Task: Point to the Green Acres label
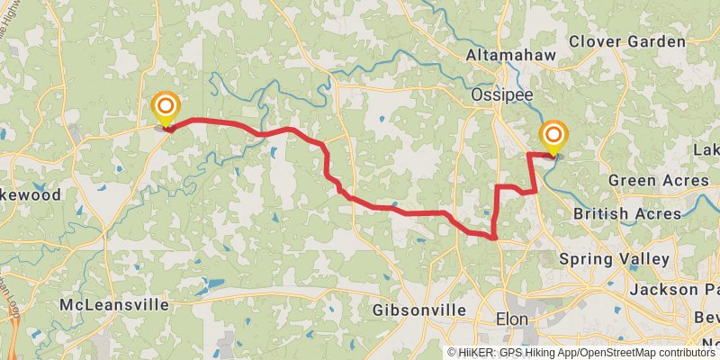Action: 659,181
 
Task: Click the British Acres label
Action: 627,214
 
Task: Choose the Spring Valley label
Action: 614,259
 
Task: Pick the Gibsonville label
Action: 419,310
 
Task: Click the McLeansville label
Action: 113,305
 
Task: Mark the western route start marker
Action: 166,110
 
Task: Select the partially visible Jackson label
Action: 676,290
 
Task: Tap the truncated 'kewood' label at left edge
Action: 31,194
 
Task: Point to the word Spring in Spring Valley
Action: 584,259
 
